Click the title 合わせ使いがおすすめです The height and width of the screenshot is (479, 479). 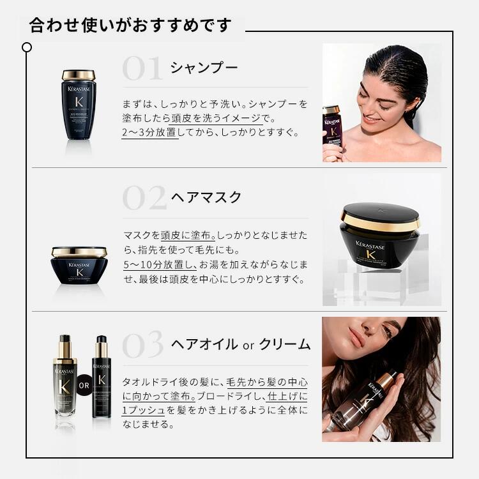(x=130, y=26)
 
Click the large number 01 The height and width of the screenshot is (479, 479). (x=142, y=68)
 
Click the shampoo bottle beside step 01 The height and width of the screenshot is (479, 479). (x=79, y=105)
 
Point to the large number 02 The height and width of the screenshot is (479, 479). (x=144, y=199)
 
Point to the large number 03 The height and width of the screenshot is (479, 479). (x=144, y=346)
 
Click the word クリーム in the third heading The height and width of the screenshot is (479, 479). (x=286, y=345)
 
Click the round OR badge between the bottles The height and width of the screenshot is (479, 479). (x=84, y=385)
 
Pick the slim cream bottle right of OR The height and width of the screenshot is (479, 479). (x=101, y=377)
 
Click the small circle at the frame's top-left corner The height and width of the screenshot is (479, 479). (x=26, y=47)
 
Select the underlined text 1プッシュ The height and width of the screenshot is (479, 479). (x=144, y=409)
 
